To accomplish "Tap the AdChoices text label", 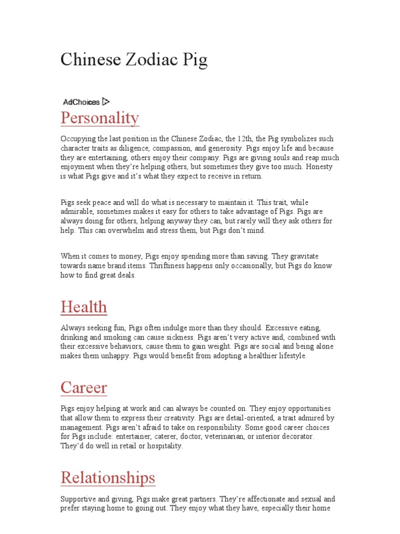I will (x=81, y=102).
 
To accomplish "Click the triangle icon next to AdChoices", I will (x=106, y=102).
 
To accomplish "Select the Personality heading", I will (x=99, y=118).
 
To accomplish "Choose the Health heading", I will (x=84, y=307).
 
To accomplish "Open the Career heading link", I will (x=84, y=387).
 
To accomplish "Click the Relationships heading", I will (x=108, y=477).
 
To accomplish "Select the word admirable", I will (x=77, y=212).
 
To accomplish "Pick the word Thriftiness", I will (x=172, y=266).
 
